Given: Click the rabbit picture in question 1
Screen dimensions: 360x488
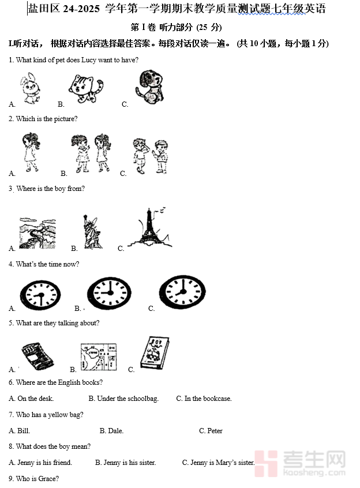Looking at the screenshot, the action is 30,88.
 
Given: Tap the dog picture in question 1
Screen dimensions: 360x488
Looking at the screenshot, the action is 149,87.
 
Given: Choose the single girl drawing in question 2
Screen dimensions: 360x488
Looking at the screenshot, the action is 31,152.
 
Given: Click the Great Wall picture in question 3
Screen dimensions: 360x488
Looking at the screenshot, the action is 37,233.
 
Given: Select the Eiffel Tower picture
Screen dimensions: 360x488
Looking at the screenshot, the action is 150,227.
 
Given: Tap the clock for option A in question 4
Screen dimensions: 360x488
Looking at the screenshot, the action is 40,295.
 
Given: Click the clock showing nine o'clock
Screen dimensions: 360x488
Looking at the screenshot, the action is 109,294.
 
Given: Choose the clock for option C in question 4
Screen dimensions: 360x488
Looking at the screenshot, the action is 182,292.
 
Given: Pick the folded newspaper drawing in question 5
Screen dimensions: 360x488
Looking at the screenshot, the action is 37,356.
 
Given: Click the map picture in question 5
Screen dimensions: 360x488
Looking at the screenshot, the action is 99,356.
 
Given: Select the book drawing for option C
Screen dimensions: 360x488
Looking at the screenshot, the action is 155,352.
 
